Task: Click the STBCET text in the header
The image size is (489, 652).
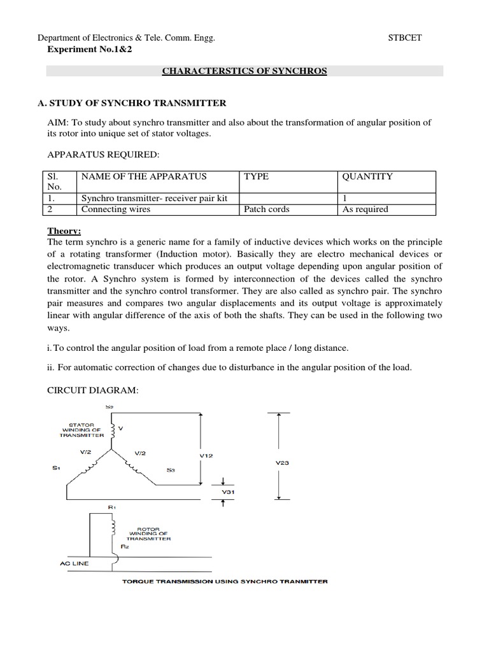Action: click(x=405, y=38)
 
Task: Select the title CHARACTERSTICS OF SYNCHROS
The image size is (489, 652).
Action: click(x=244, y=71)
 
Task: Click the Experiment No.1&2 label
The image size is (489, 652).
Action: click(x=87, y=50)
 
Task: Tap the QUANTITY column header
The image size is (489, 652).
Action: click(x=367, y=176)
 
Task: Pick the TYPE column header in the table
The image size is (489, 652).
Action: click(x=257, y=176)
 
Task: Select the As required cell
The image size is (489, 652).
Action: click(x=365, y=209)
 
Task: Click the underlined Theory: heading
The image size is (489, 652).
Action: click(x=64, y=231)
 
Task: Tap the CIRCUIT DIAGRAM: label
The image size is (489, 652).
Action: click(x=92, y=390)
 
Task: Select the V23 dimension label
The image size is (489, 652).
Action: click(x=282, y=463)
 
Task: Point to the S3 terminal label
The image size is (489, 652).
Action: click(x=170, y=470)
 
